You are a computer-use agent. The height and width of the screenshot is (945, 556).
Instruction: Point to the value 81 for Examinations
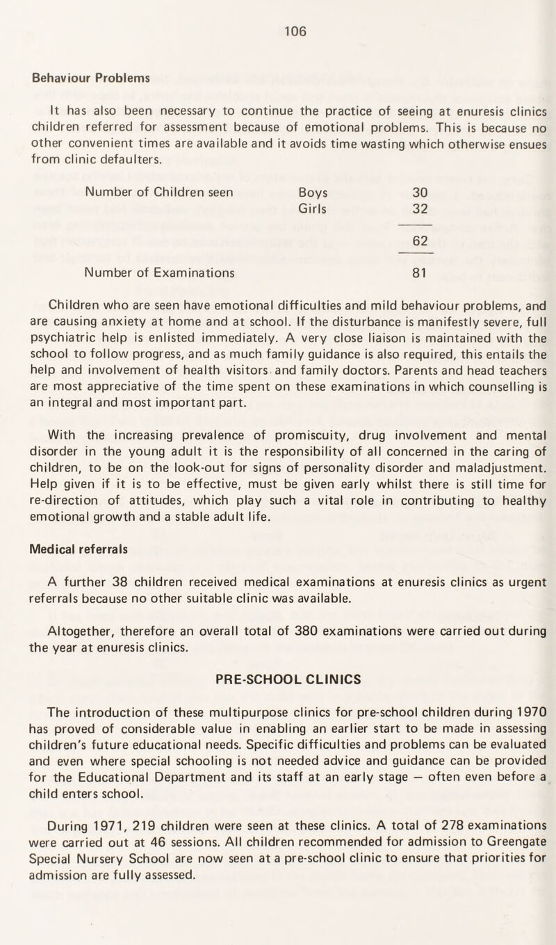[x=416, y=273]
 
